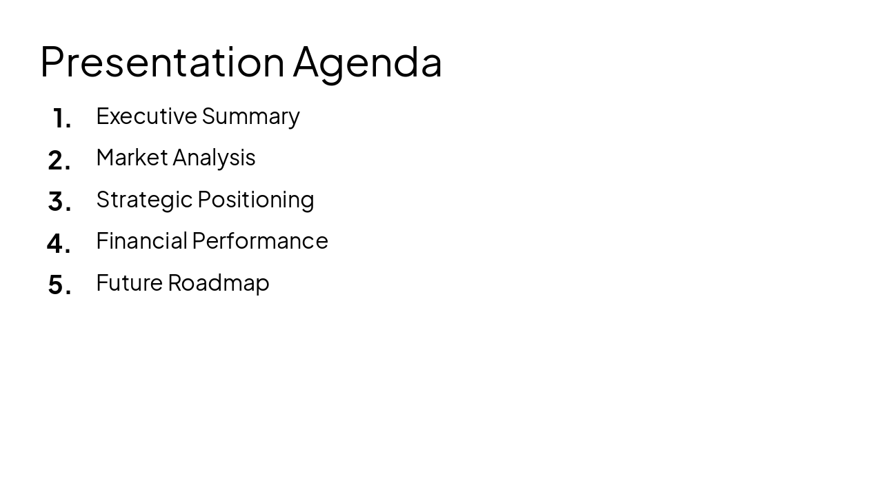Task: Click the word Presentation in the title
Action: coord(162,62)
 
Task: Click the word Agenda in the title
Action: coord(367,62)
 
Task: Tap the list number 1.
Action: coord(61,118)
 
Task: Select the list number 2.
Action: coord(59,161)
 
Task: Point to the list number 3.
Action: coord(59,202)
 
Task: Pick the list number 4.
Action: coord(59,243)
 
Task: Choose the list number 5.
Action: coord(59,285)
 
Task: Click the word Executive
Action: coord(146,116)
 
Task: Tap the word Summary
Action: coord(250,116)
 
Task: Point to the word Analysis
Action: coord(214,158)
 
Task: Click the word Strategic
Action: coord(144,199)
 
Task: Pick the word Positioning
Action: coord(255,199)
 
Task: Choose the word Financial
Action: coord(141,240)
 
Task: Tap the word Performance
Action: coord(260,240)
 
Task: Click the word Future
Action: coord(129,282)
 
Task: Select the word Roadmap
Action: coord(218,282)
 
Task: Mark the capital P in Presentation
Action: coord(51,62)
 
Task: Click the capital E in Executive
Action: coord(103,116)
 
